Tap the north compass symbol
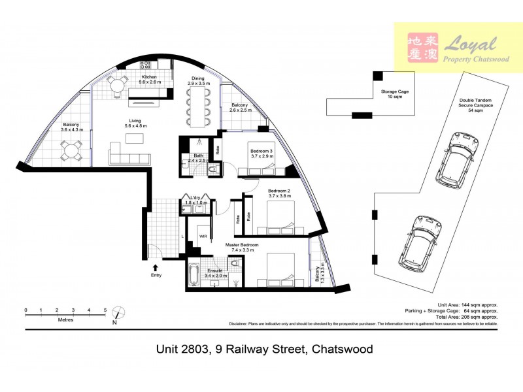pyautogui.click(x=117, y=315)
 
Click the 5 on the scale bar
pyautogui.click(x=105, y=310)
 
